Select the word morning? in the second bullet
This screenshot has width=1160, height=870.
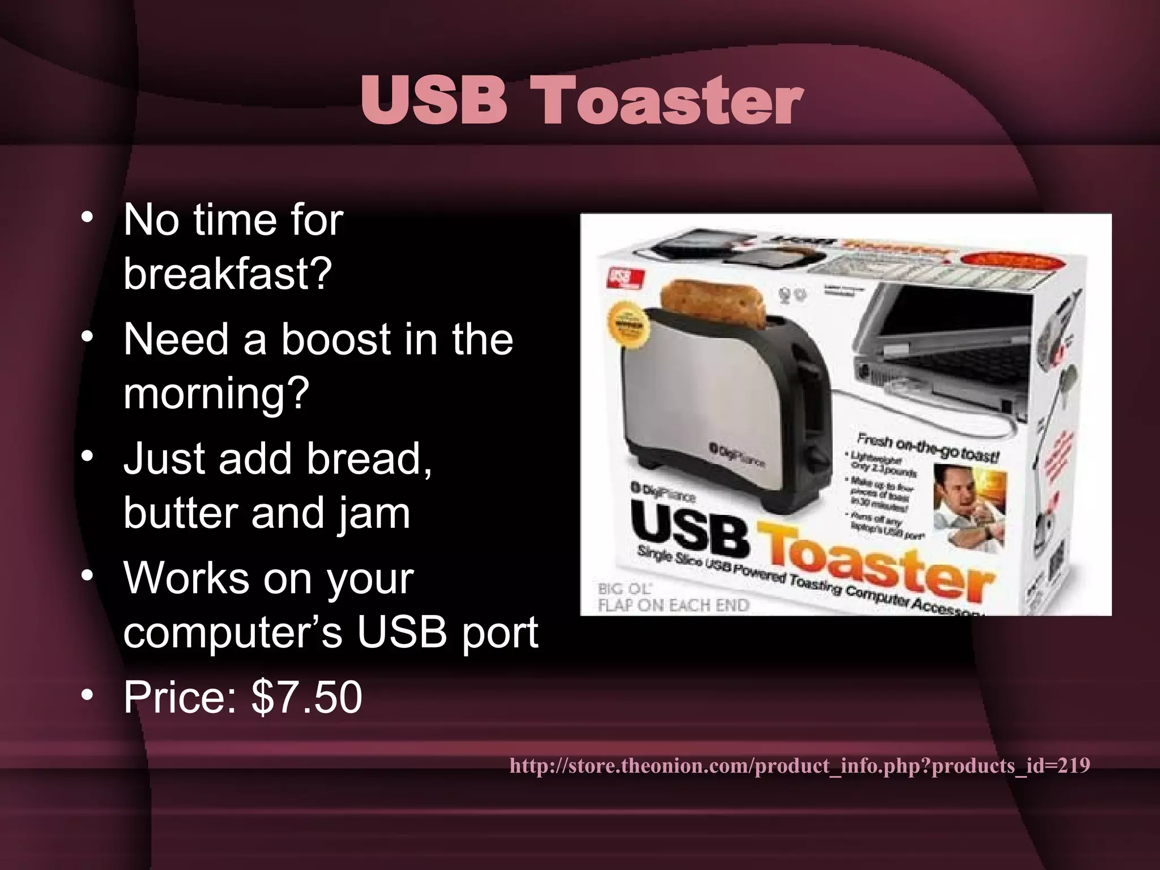(216, 393)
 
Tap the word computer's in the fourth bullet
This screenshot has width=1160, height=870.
(232, 632)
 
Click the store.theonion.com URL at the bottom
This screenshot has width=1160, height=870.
(799, 766)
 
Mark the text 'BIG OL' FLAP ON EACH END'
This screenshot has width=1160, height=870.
(673, 598)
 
